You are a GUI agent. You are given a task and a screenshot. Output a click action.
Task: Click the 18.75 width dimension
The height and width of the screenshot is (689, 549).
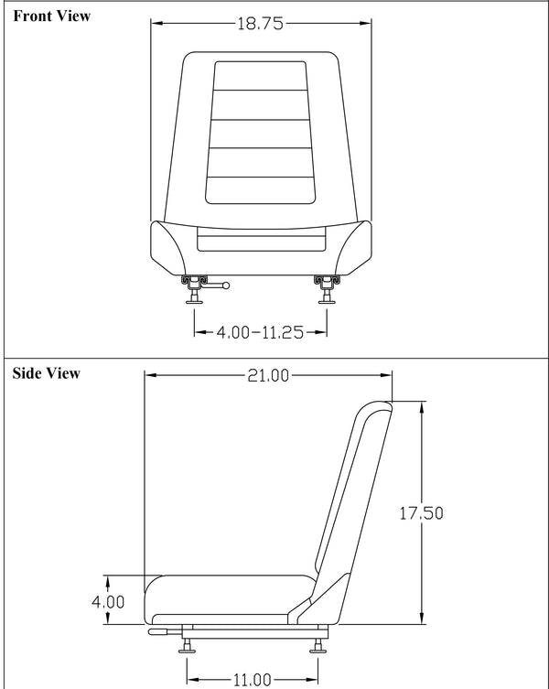(260, 25)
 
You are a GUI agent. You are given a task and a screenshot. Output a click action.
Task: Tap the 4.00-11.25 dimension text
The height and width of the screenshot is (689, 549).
(260, 333)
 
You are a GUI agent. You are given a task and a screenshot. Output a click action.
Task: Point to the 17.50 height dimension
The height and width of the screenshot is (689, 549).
(421, 513)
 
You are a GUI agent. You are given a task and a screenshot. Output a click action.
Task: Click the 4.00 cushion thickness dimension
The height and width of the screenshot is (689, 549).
(108, 602)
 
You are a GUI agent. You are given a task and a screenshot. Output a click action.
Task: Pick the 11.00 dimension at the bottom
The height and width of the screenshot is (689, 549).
(252, 679)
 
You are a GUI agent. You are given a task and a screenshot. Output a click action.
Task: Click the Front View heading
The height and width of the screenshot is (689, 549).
(51, 16)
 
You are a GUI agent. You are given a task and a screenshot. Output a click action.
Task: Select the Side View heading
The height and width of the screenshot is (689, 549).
(46, 373)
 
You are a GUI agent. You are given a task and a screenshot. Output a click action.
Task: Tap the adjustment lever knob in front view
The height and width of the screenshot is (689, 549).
(226, 286)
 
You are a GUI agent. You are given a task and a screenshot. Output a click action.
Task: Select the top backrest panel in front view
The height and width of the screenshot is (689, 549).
(260, 76)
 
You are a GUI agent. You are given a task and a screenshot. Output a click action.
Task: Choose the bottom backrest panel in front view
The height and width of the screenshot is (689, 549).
(260, 188)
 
